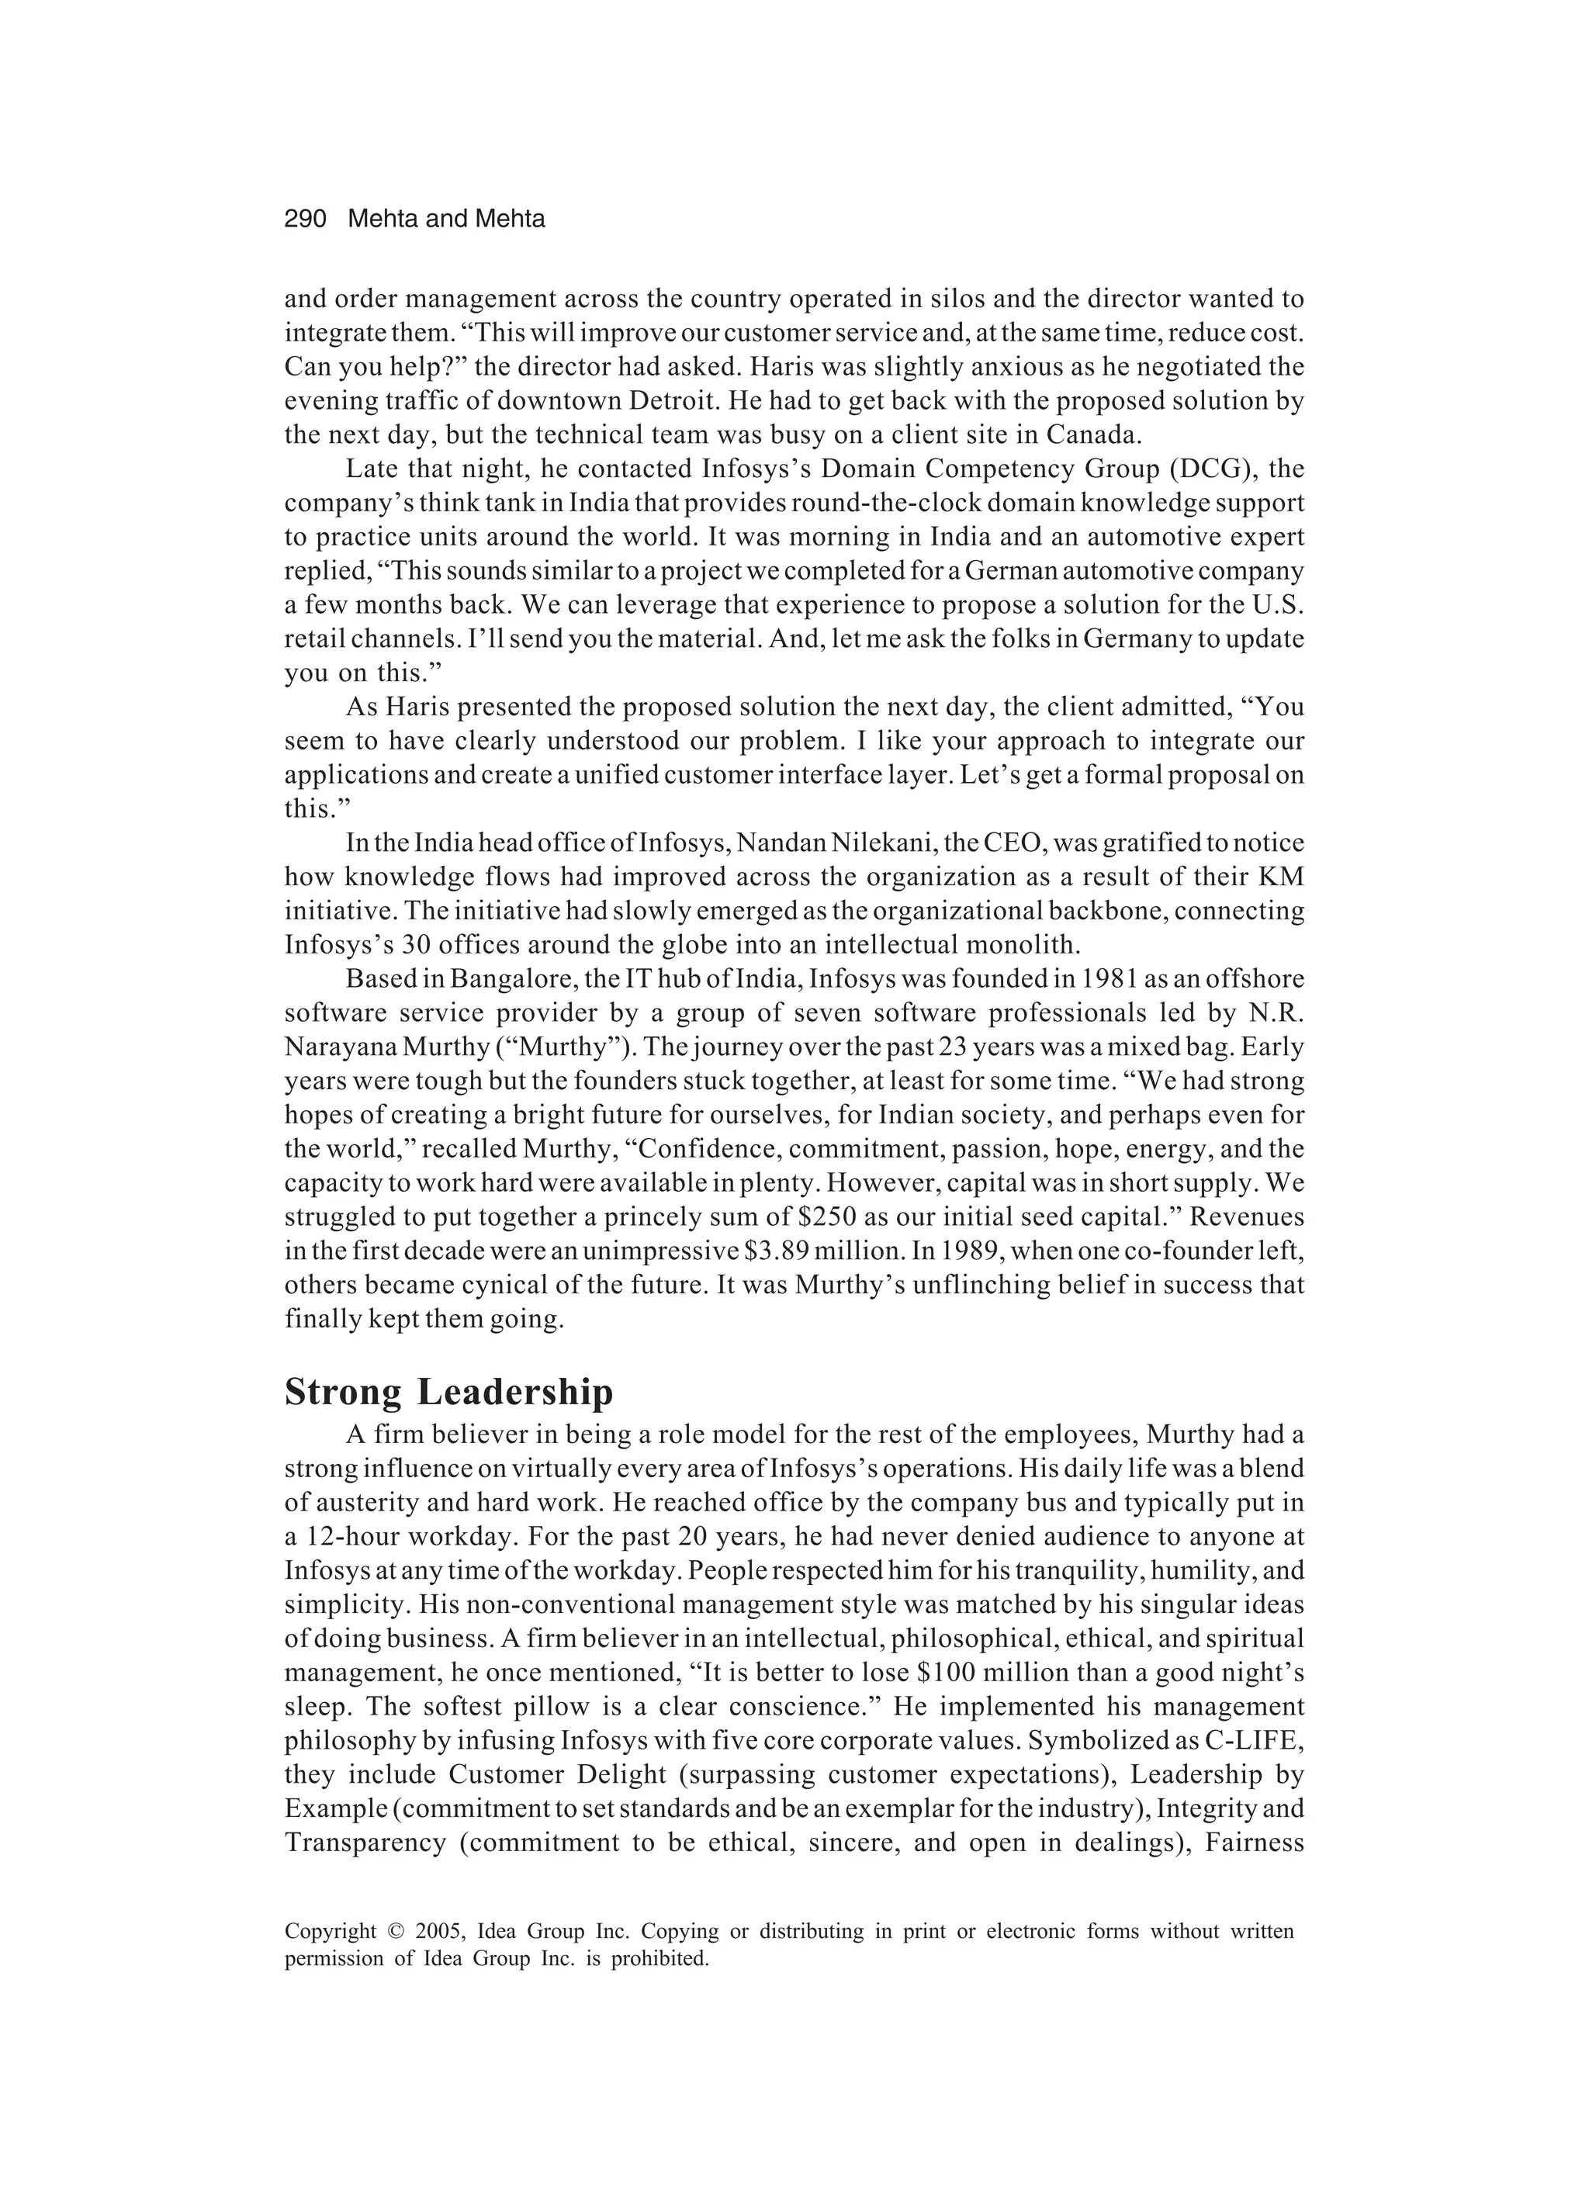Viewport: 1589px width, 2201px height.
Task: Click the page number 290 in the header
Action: coord(305,220)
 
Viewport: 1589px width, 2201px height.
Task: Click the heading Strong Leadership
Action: coord(448,1393)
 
